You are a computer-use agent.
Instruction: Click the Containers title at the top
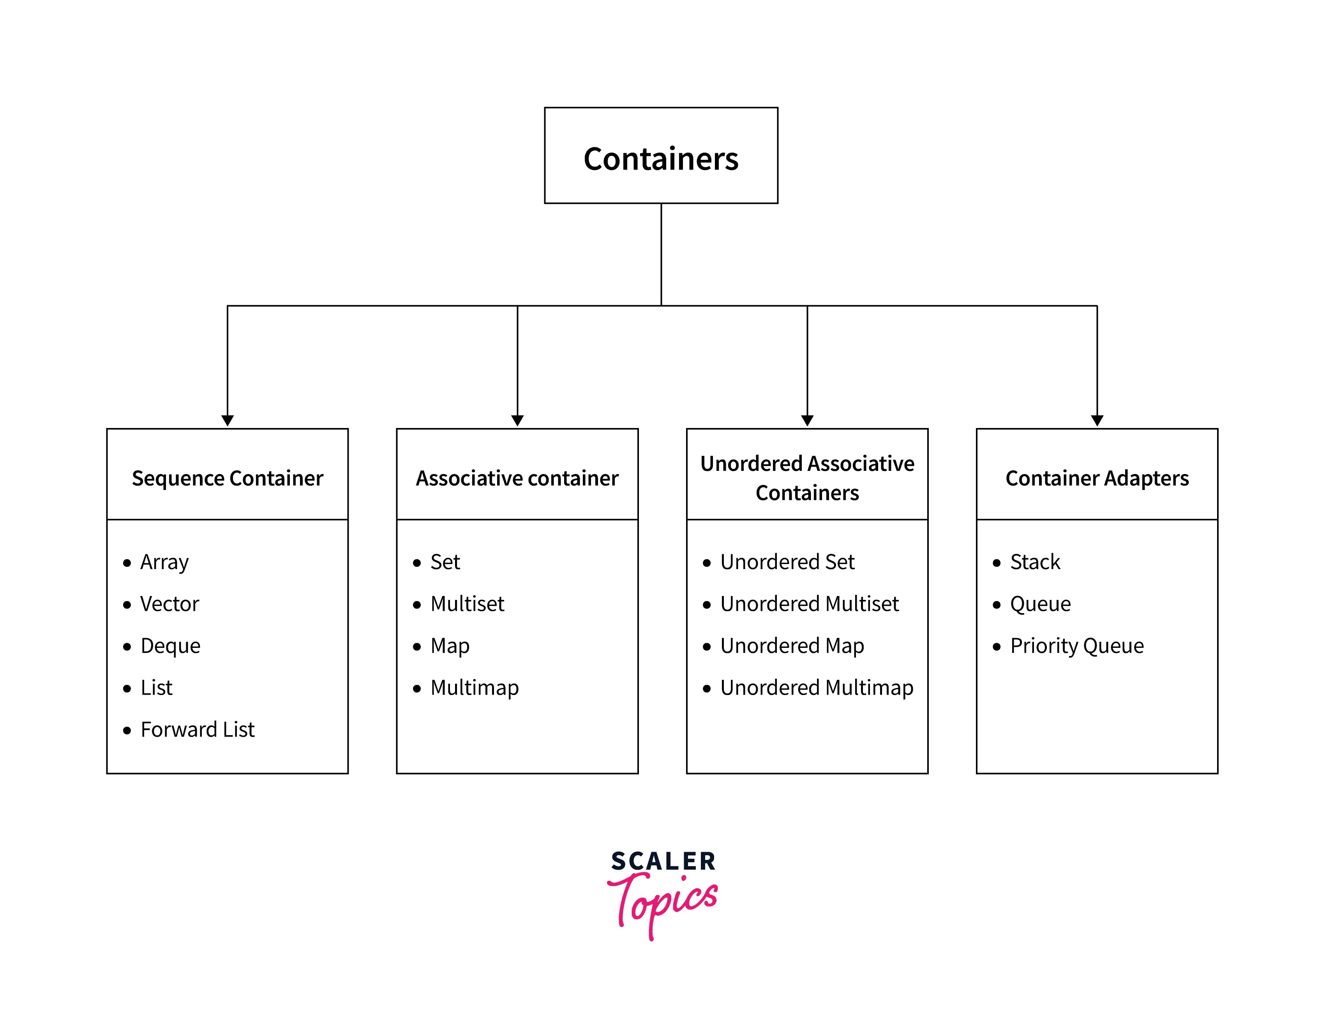[661, 159]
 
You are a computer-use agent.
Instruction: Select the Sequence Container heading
[228, 478]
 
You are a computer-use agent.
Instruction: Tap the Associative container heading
[517, 478]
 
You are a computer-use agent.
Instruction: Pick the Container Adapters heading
[1097, 478]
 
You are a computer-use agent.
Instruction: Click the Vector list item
[169, 604]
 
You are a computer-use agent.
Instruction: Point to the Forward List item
[197, 729]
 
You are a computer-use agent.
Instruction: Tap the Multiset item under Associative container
[467, 604]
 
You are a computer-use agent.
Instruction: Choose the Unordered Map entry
[792, 646]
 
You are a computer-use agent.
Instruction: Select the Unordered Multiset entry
[810, 604]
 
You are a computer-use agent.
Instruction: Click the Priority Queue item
[1077, 646]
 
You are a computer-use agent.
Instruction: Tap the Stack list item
[1035, 562]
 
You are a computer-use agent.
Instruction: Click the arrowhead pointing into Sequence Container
[228, 421]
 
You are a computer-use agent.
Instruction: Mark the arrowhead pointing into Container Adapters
[1097, 421]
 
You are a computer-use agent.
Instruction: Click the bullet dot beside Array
[127, 563]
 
